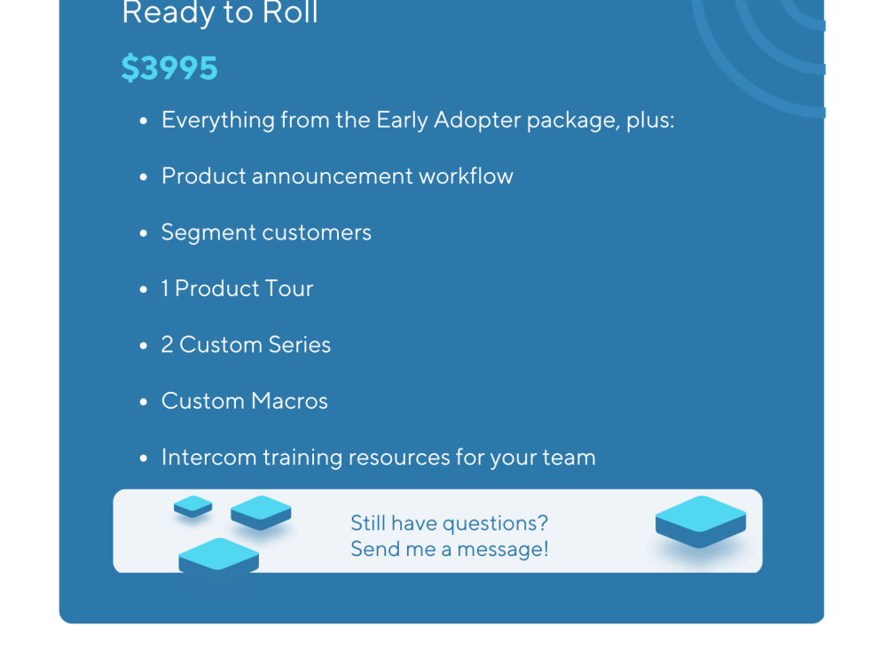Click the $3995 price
[169, 68]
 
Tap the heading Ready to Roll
[219, 13]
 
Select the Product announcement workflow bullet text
[337, 176]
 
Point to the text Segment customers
[266, 232]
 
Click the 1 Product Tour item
[237, 288]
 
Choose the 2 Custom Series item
[246, 345]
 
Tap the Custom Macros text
[244, 401]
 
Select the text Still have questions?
[449, 523]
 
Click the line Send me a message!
[449, 550]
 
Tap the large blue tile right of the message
[700, 521]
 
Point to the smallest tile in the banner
[192, 506]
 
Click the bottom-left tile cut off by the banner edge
[218, 556]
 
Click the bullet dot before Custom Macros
[144, 402]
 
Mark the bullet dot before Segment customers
[144, 233]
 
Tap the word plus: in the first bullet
[650, 120]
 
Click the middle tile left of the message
[261, 512]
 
